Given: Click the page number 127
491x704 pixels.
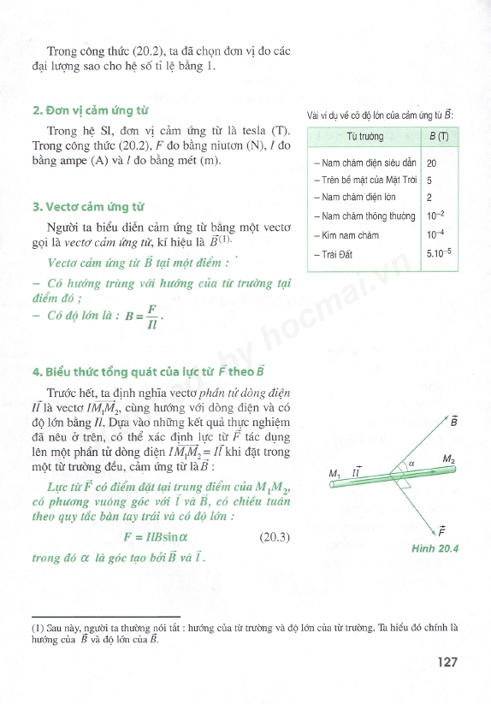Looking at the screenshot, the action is click(x=449, y=661).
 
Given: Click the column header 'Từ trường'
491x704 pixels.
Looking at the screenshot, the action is click(x=366, y=137).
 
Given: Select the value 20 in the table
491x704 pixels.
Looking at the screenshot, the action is click(x=432, y=163).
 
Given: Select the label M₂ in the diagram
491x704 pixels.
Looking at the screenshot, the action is click(x=449, y=459).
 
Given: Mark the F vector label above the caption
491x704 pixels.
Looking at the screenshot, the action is click(x=441, y=530).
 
